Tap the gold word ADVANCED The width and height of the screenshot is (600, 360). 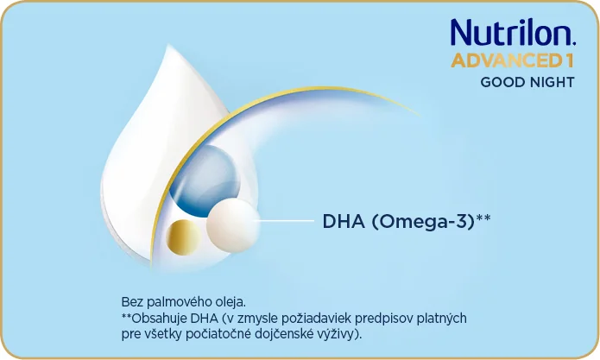pos(505,61)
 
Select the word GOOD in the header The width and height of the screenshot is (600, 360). pos(497,82)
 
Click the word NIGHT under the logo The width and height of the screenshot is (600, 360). pos(546,82)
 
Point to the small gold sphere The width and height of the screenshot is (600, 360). pos(184,237)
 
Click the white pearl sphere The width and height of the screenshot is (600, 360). pos(232,225)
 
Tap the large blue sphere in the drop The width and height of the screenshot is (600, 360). pos(205,180)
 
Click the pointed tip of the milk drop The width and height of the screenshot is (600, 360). pos(168,45)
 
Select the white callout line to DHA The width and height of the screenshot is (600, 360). pos(283,221)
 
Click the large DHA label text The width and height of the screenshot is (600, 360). pos(344,221)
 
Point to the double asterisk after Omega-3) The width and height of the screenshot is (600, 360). pos(483,218)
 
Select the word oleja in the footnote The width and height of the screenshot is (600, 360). pos(231,302)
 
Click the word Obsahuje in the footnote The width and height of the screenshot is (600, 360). pos(159,319)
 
